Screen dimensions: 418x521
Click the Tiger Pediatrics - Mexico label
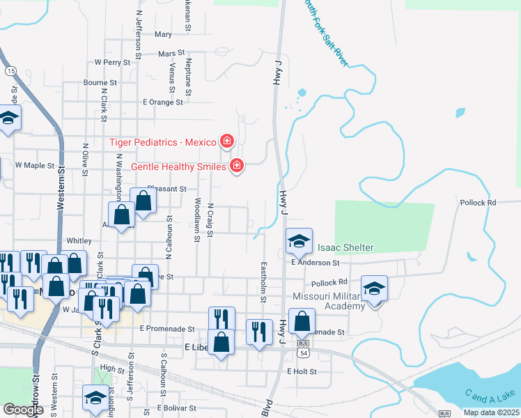(163, 142)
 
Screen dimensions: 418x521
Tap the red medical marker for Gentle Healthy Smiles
(237, 166)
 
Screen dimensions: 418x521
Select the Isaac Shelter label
(345, 247)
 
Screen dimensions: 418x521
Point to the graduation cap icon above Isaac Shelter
(299, 241)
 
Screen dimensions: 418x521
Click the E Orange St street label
(162, 102)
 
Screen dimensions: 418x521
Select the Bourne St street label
(100, 82)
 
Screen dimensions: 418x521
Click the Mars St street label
(171, 53)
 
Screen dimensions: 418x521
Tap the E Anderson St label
(315, 263)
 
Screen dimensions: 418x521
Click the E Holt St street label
(302, 372)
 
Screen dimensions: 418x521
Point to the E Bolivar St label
(178, 408)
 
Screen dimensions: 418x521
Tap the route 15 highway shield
(10, 71)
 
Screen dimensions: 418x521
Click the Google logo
(23, 410)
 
